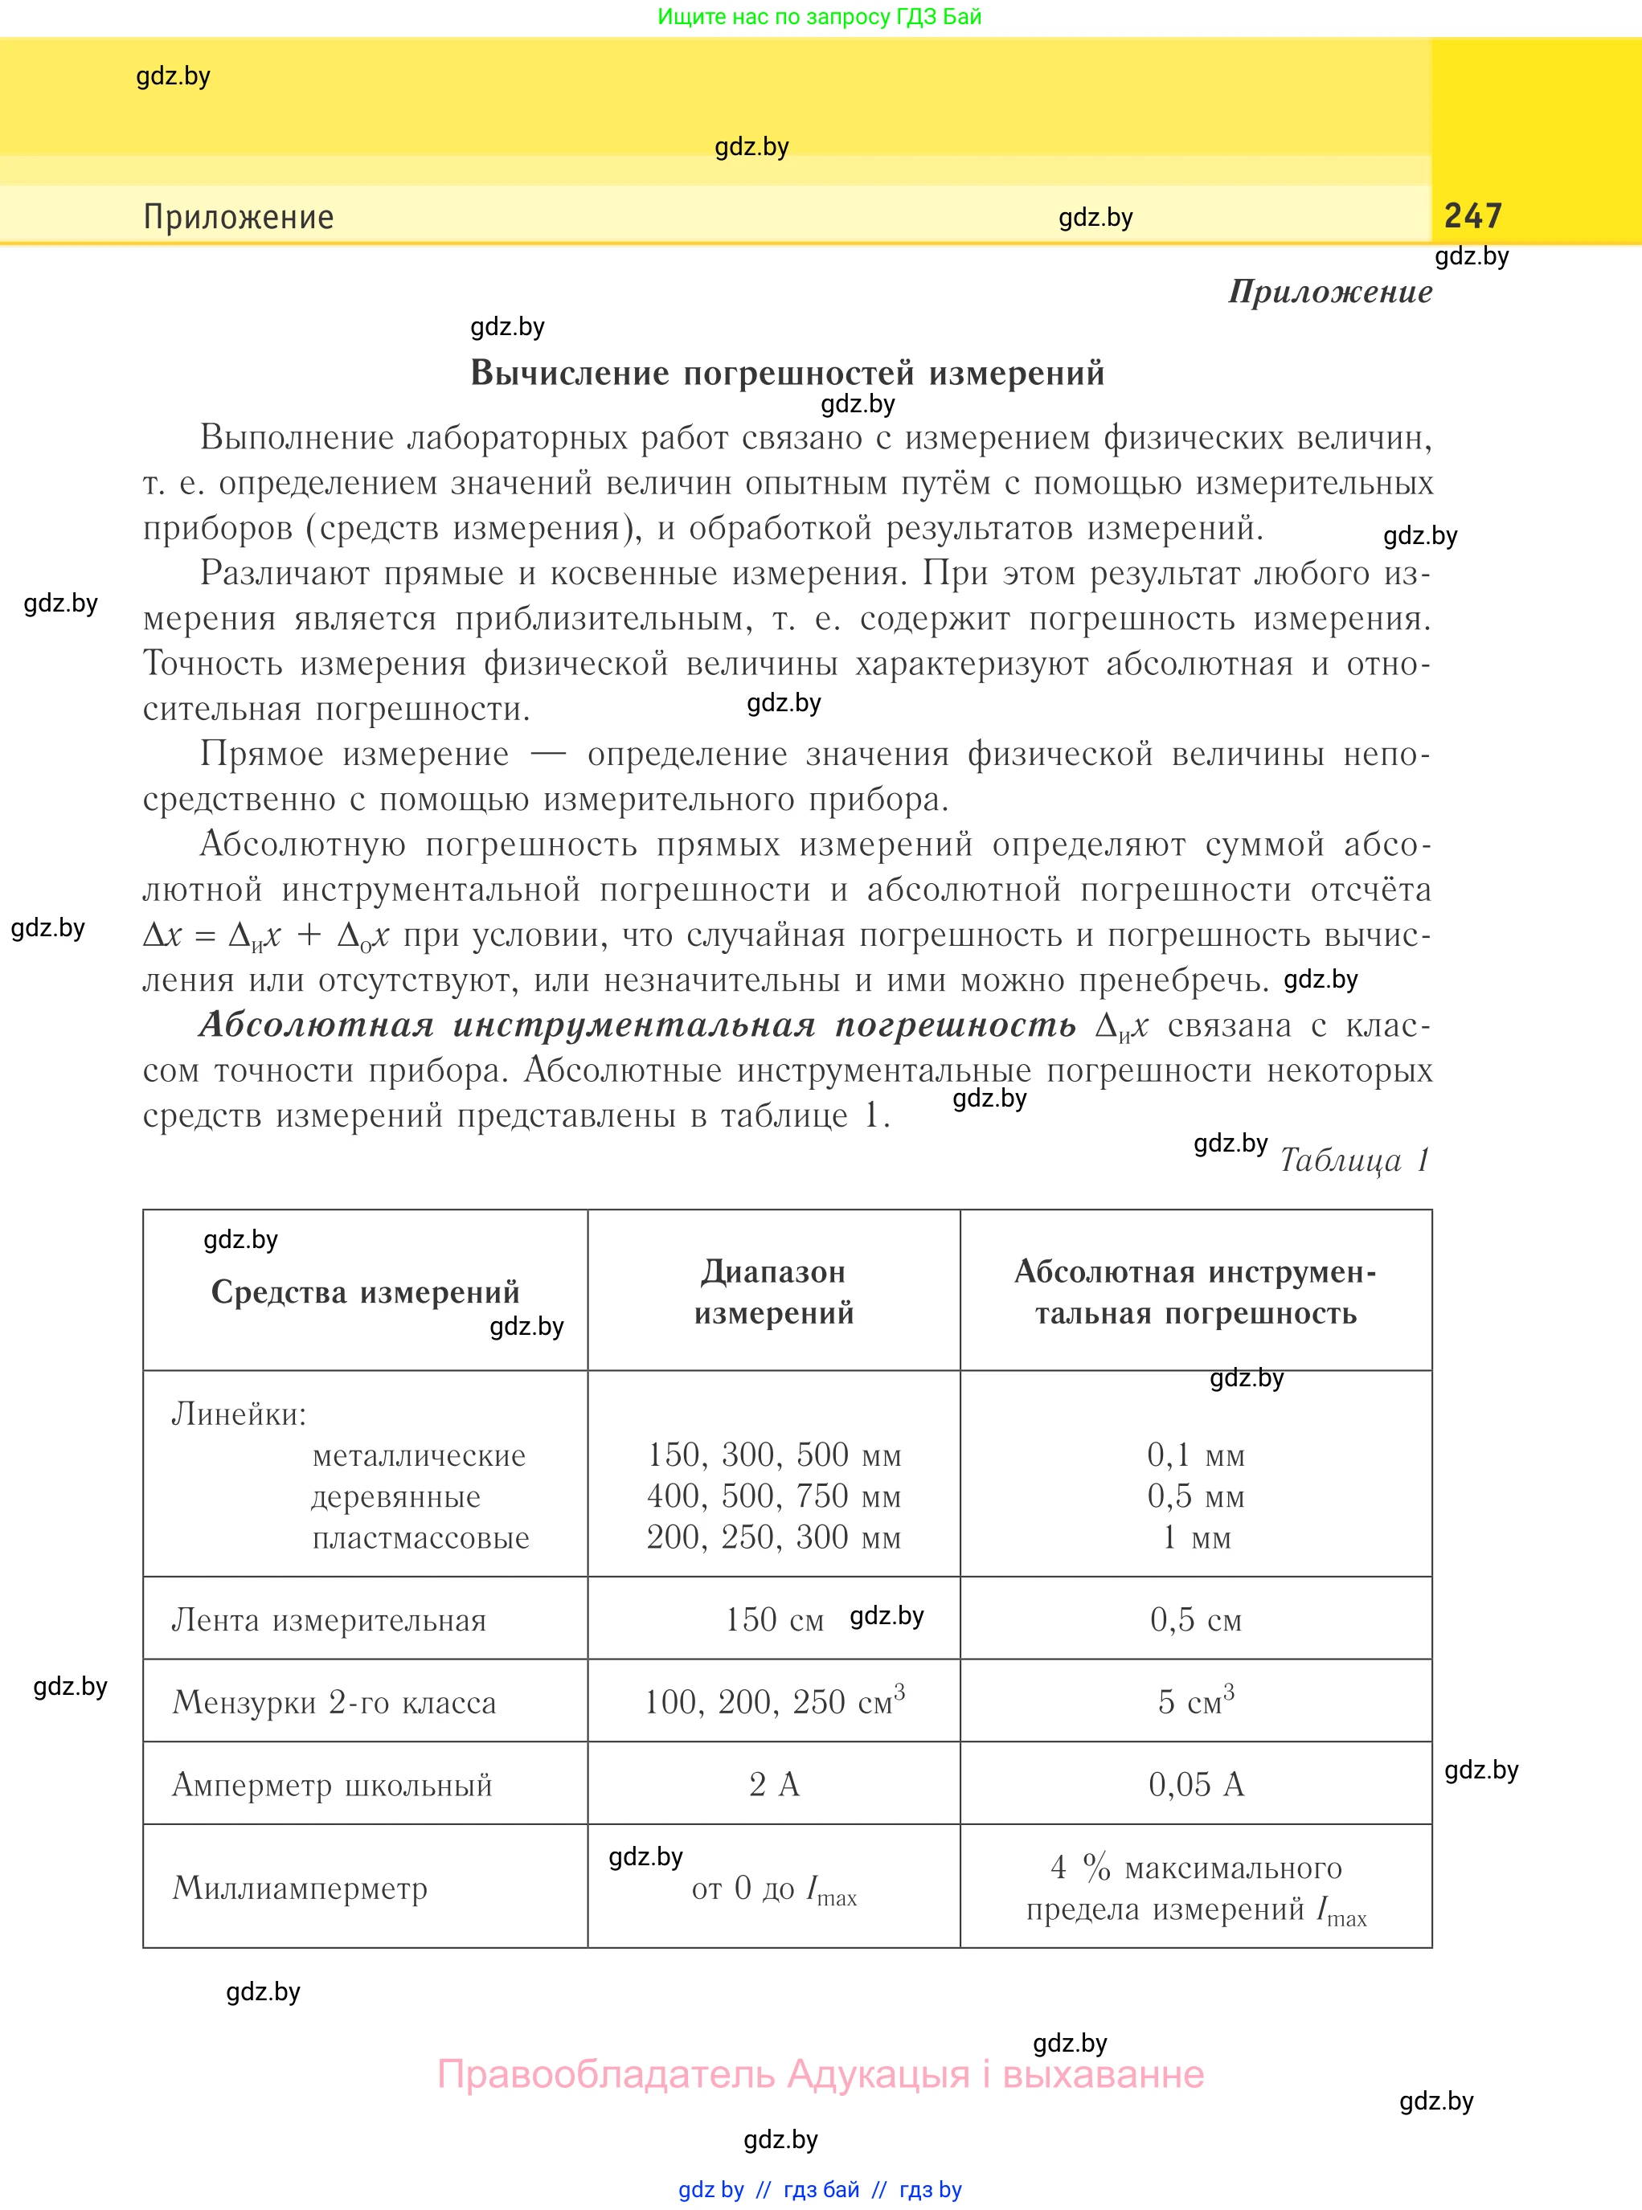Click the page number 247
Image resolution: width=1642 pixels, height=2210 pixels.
click(x=1472, y=215)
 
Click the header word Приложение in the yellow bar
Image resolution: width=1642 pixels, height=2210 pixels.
click(x=239, y=217)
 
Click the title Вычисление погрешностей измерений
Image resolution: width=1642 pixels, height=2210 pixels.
click(x=787, y=373)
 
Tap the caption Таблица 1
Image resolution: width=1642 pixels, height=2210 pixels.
click(x=1353, y=1160)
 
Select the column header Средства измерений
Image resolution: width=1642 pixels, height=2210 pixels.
click(x=365, y=1291)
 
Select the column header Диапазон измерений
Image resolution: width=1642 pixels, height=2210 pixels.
click(x=773, y=1291)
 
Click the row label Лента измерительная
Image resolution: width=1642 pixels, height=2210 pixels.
click(x=329, y=1620)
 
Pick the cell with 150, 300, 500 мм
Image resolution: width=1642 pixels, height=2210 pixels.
click(x=773, y=1455)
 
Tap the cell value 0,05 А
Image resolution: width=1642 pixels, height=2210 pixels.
click(x=1196, y=1785)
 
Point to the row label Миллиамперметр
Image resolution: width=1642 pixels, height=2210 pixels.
click(x=300, y=1887)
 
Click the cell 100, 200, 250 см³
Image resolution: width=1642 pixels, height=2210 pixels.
click(x=773, y=1701)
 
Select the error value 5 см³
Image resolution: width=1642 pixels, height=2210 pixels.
click(x=1196, y=1701)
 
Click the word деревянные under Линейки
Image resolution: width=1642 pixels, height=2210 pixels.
click(x=395, y=1496)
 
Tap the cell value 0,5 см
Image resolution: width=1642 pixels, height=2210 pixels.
click(x=1196, y=1620)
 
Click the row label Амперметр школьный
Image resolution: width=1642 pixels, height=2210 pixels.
click(x=332, y=1785)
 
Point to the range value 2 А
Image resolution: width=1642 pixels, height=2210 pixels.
click(x=773, y=1785)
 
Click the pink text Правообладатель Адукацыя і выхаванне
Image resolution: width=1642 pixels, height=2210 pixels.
click(x=820, y=2074)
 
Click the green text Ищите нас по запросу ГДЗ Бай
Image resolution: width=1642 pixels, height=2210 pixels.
click(x=819, y=16)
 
